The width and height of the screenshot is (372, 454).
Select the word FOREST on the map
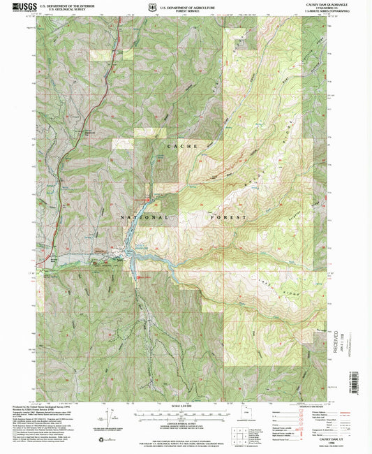coord(229,217)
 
